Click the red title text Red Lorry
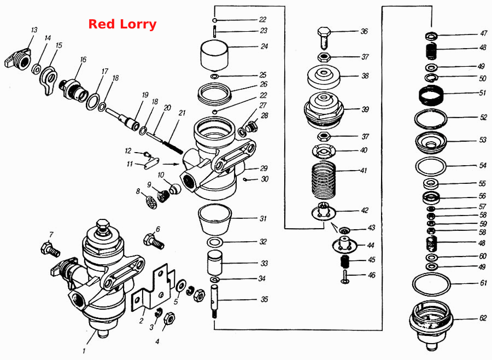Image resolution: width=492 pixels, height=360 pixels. [122, 24]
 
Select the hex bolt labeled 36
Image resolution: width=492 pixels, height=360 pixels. [324, 37]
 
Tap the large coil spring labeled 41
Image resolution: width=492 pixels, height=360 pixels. [324, 180]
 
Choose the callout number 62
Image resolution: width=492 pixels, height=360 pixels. [483, 318]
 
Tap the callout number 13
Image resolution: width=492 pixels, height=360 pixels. [34, 30]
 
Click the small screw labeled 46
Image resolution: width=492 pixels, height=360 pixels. [345, 277]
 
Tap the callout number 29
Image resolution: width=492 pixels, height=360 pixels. [263, 168]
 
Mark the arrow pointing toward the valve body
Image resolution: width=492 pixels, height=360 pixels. [171, 164]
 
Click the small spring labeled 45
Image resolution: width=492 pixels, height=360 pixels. [345, 262]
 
